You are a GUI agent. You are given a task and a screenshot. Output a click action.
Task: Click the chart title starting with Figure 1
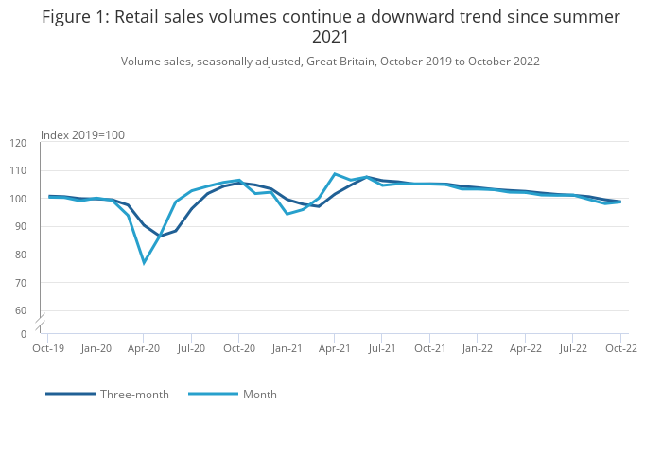pos(331,26)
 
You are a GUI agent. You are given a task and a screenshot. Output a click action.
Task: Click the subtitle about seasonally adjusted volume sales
pos(330,62)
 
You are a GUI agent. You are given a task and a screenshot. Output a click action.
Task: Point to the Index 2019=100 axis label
pos(82,135)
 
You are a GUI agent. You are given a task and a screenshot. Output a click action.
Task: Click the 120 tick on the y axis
pos(19,143)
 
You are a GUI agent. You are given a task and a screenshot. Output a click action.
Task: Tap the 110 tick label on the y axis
pos(19,171)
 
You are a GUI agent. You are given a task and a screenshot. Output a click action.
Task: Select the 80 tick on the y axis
pos(20,255)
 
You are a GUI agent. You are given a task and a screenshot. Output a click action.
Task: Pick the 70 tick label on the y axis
pos(20,283)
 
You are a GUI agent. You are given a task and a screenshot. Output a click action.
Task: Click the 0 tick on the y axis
pos(24,334)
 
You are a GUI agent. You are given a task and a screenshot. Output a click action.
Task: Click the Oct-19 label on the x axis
pos(48,348)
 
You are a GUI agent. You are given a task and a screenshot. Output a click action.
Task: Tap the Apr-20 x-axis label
pos(144,348)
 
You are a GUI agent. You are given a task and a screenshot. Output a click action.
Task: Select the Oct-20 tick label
pos(239,348)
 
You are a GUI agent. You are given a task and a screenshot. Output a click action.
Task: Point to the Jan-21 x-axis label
pos(287,348)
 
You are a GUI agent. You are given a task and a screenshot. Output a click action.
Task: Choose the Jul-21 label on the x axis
pos(382,348)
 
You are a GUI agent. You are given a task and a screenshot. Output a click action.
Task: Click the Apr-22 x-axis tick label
pos(525,348)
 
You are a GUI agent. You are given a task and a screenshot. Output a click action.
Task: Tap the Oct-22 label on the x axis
pos(620,348)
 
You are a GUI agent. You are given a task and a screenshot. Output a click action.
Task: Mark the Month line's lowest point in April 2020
pos(144,262)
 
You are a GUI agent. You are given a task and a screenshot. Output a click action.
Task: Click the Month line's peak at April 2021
pos(335,174)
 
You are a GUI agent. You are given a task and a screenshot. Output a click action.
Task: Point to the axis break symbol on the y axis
pos(40,322)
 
